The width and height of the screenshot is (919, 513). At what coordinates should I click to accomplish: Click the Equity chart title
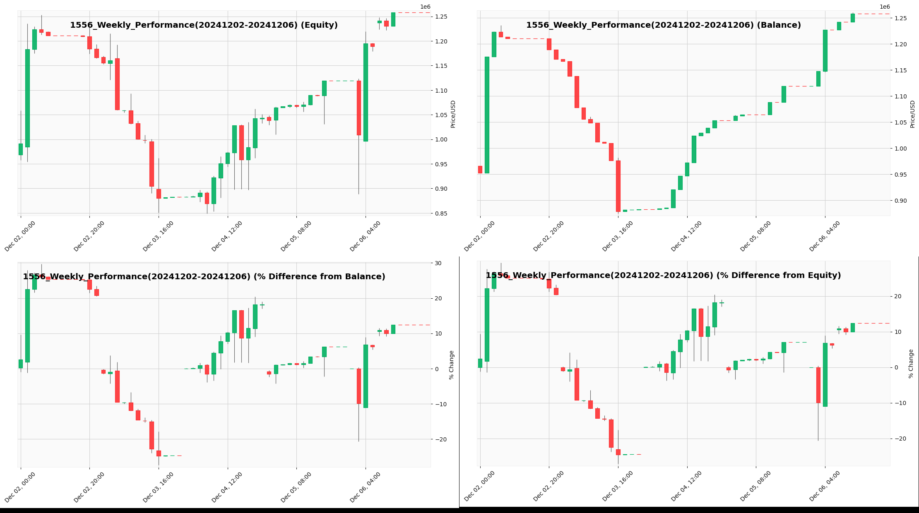pos(204,25)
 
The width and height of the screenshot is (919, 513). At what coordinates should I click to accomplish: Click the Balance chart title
pos(663,25)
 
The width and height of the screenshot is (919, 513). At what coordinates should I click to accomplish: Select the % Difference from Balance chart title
pos(204,277)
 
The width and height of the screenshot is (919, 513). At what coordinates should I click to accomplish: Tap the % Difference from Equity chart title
pos(663,276)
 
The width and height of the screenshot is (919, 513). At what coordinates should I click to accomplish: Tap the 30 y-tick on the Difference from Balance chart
pos(438,263)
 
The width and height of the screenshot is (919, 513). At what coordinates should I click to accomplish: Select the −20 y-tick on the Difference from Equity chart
pos(897,439)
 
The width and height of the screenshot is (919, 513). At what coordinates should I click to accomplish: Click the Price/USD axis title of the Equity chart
pos(453,114)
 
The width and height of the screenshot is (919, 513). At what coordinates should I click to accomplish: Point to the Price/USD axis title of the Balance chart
pos(912,114)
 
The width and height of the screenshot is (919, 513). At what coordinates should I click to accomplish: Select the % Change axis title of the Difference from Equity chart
pos(911,364)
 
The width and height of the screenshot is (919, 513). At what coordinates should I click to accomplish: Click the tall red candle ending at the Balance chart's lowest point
pos(618,186)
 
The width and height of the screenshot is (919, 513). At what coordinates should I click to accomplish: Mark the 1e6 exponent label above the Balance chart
pos(885,7)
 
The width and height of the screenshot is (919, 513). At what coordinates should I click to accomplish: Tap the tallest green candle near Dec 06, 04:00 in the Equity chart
pos(366,92)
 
